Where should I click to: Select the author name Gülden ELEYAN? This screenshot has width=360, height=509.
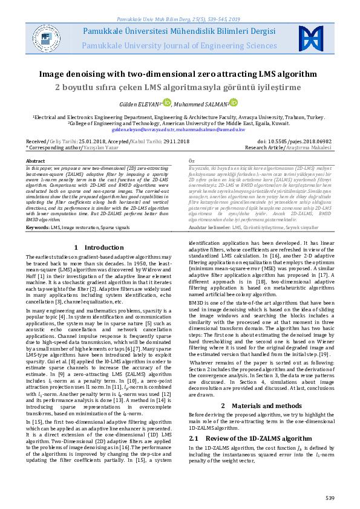coord(136,104)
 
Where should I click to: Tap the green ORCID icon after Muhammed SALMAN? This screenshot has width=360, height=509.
coord(234,103)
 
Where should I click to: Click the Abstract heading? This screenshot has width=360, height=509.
coord(36,160)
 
